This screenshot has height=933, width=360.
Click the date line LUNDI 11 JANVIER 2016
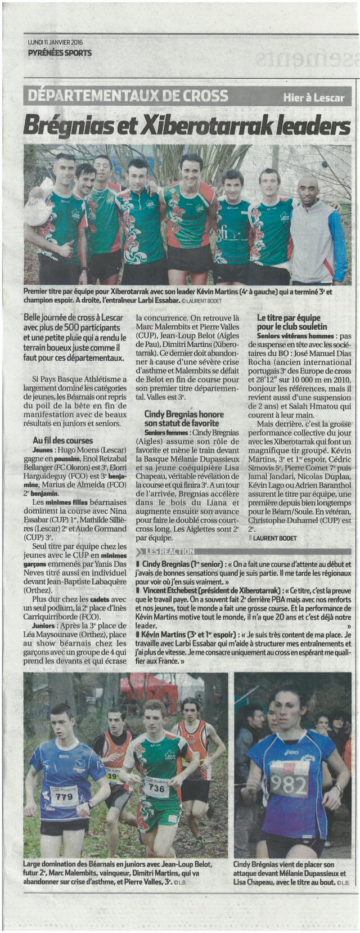55,43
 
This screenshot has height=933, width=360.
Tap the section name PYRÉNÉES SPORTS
59,53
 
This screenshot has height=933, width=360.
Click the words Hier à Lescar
313,97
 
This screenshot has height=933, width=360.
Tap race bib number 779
65,797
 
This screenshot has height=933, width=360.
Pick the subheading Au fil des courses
62,441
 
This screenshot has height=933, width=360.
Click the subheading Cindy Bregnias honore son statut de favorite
184,418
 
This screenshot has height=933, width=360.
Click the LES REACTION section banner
169,551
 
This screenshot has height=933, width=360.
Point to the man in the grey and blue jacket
316,231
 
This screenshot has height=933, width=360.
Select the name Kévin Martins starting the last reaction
165,635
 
